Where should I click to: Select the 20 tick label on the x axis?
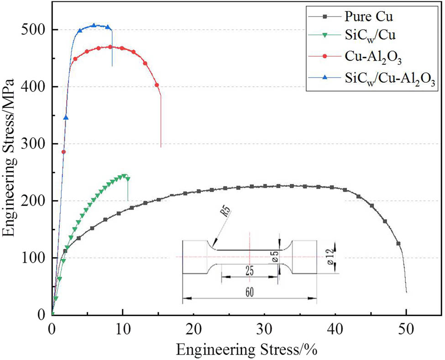coord(194,328)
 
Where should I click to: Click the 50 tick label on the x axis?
coord(406,328)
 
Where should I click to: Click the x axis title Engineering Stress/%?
coord(247,349)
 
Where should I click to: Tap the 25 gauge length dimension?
coord(249,271)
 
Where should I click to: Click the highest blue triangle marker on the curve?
coord(94,26)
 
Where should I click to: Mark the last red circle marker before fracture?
coord(157,85)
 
